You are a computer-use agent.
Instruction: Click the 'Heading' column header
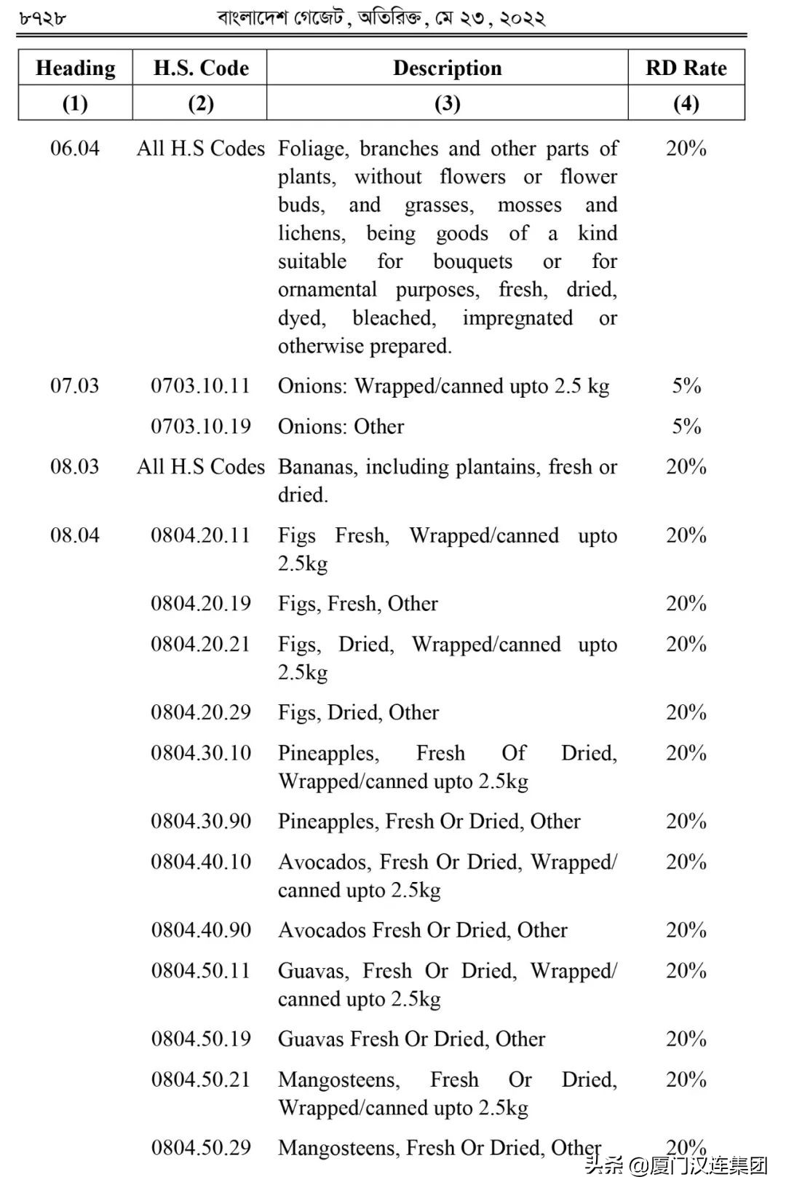[x=75, y=68]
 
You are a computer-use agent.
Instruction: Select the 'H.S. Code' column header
[x=201, y=68]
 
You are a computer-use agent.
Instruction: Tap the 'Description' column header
[x=447, y=68]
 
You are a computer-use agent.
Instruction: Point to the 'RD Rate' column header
[x=686, y=68]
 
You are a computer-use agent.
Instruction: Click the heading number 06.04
[x=74, y=149]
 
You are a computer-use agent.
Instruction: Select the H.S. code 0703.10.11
[x=200, y=386]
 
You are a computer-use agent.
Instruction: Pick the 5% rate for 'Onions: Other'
[x=686, y=427]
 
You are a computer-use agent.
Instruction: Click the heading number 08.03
[x=74, y=467]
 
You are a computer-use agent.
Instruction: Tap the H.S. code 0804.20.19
[x=200, y=604]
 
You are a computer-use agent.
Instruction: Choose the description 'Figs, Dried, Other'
[x=358, y=712]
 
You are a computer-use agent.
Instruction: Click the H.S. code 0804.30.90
[x=200, y=822]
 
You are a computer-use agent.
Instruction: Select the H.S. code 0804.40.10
[x=200, y=862]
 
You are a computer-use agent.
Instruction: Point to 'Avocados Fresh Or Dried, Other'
[x=422, y=930]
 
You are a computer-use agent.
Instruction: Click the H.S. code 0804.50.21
[x=200, y=1079]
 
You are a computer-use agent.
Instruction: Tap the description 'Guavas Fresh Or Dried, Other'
[x=411, y=1039]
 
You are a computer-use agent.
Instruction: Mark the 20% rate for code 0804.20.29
[x=686, y=712]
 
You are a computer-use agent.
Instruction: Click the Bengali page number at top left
[x=41, y=18]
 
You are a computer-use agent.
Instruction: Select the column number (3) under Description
[x=447, y=103]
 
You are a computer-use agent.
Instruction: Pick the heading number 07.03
[x=74, y=386]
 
